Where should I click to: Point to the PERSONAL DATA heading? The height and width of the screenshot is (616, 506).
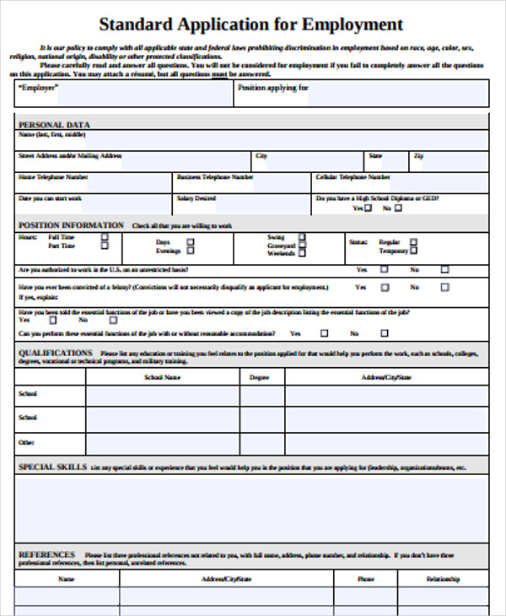54,125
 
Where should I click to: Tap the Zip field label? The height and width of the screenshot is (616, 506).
418,156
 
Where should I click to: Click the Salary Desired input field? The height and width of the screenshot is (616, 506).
262,203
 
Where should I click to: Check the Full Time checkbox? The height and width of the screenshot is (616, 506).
105,238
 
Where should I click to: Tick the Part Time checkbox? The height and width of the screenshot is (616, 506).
105,246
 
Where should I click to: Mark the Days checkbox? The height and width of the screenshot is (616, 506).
190,242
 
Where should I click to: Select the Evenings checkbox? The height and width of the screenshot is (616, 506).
190,251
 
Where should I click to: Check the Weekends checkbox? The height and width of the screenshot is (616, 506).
303,252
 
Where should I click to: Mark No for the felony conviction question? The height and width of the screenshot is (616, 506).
444,287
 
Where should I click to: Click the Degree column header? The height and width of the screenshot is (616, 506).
261,377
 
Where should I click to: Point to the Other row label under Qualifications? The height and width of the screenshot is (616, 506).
26,441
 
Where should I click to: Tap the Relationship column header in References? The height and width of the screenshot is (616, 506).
443,579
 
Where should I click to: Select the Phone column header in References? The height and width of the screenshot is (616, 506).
365,579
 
